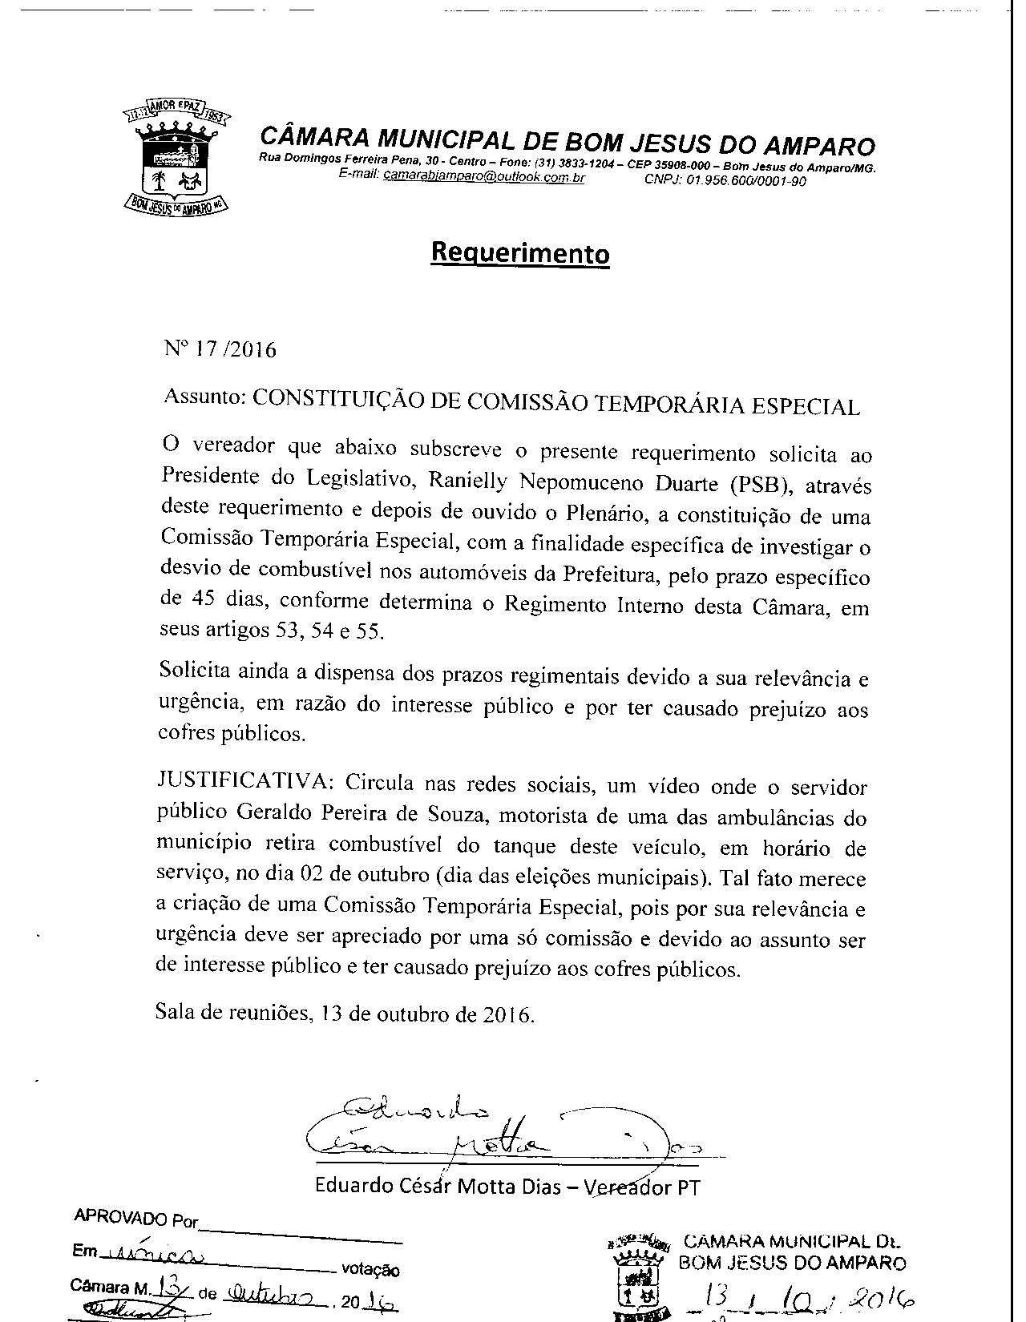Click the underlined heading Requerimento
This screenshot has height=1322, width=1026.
click(x=520, y=252)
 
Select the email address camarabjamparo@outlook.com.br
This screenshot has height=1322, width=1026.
click(x=483, y=175)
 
